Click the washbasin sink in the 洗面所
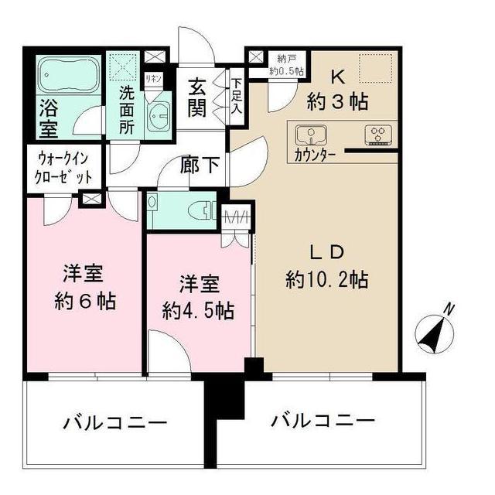point(161,118)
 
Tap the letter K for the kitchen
point(338,76)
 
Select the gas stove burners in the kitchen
point(378,134)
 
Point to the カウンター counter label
point(315,154)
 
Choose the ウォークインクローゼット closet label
point(65,169)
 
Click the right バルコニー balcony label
point(323,422)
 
